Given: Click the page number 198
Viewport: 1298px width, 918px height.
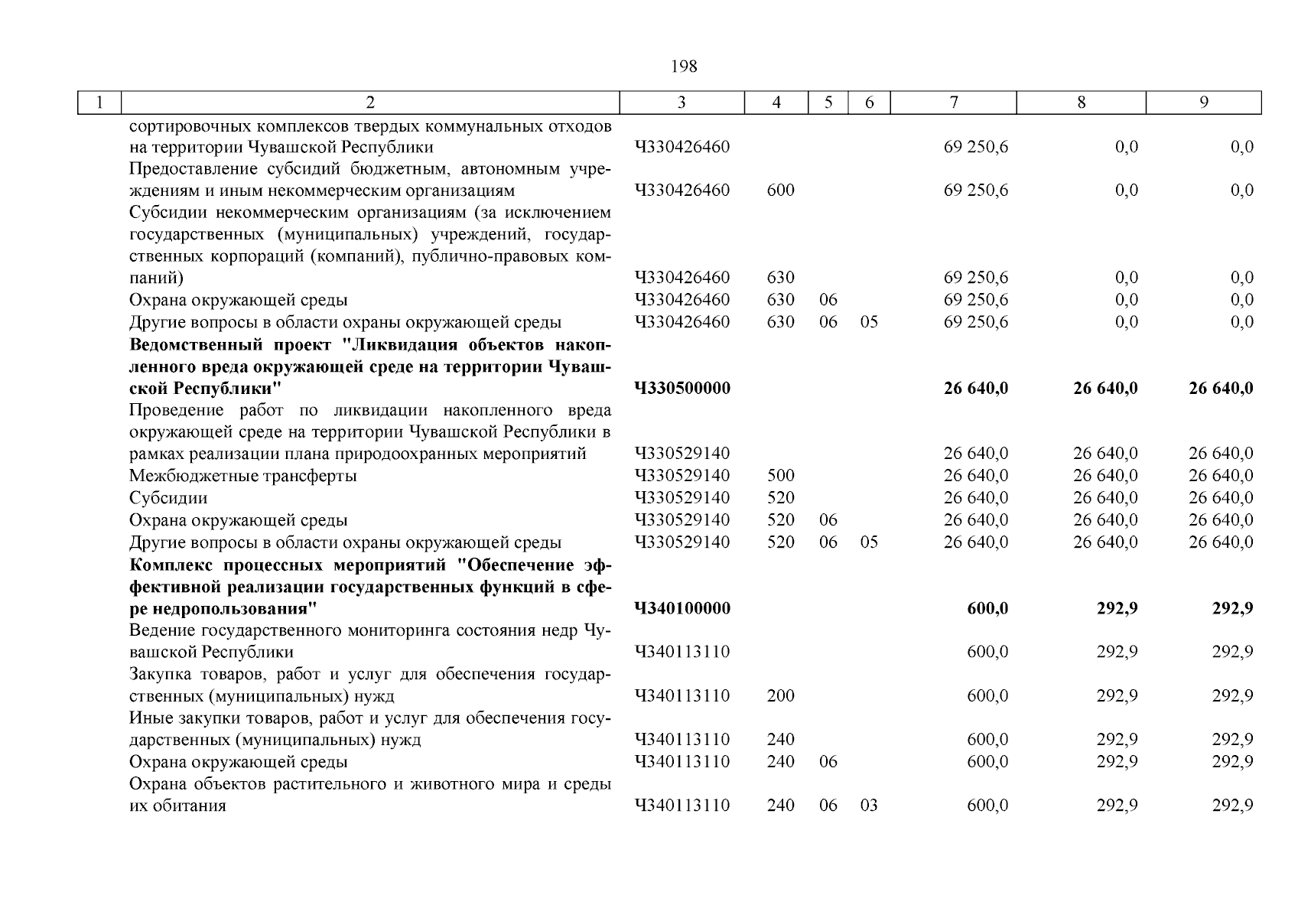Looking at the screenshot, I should (x=684, y=67).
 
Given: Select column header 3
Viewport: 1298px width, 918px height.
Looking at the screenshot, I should (x=682, y=103).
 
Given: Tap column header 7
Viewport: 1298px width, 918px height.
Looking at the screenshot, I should (x=953, y=103).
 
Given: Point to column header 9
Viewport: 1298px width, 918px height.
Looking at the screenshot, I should (x=1203, y=103).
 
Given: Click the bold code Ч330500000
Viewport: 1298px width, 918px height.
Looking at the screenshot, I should (x=682, y=389).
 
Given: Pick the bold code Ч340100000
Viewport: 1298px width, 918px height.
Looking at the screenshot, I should (x=682, y=609).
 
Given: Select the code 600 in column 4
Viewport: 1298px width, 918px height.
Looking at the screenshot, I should (x=780, y=190).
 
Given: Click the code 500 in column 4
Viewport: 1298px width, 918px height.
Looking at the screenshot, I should (x=780, y=476).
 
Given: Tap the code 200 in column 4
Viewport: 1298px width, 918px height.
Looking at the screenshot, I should (x=780, y=696).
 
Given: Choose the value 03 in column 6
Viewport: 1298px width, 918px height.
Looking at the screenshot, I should (x=869, y=806).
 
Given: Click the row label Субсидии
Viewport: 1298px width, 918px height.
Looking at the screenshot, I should (x=168, y=498).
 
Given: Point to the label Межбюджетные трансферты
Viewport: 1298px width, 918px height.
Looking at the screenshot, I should (x=242, y=476).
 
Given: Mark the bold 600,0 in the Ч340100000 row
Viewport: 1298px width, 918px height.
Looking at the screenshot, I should (x=987, y=609).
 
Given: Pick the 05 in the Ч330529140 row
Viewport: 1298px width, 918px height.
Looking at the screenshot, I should (x=869, y=542).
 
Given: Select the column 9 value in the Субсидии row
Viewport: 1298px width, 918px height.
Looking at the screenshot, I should (x=1221, y=498).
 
